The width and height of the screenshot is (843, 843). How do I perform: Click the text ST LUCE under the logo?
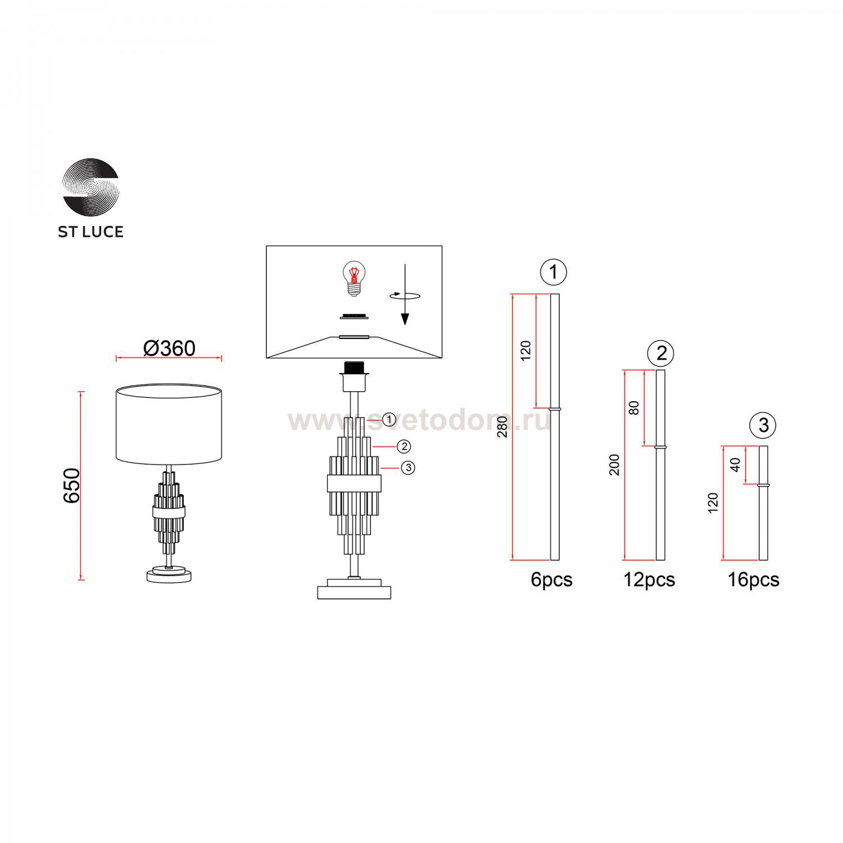click(90, 232)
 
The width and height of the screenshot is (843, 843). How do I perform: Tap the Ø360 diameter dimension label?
click(169, 348)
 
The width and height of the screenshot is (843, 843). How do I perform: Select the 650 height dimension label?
click(72, 485)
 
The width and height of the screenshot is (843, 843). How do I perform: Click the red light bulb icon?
click(353, 278)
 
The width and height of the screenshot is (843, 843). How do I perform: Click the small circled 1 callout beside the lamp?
click(389, 420)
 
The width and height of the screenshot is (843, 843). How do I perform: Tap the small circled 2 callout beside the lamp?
click(404, 447)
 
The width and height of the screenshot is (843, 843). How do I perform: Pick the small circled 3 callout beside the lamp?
click(408, 468)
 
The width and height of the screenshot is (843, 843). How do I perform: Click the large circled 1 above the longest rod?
click(553, 272)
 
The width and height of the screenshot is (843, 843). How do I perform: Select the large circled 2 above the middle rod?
click(661, 353)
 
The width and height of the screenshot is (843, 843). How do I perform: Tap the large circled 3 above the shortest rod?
click(763, 425)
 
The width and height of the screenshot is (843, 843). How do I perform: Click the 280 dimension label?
click(502, 427)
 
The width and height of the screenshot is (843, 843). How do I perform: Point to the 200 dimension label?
click(614, 465)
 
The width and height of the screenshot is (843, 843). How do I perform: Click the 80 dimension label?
click(634, 407)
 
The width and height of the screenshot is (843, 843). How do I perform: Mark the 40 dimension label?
click(735, 465)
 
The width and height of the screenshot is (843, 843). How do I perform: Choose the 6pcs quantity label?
click(551, 579)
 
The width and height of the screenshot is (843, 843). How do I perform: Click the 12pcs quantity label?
click(649, 579)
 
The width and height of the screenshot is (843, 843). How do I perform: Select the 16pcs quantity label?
click(753, 579)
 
